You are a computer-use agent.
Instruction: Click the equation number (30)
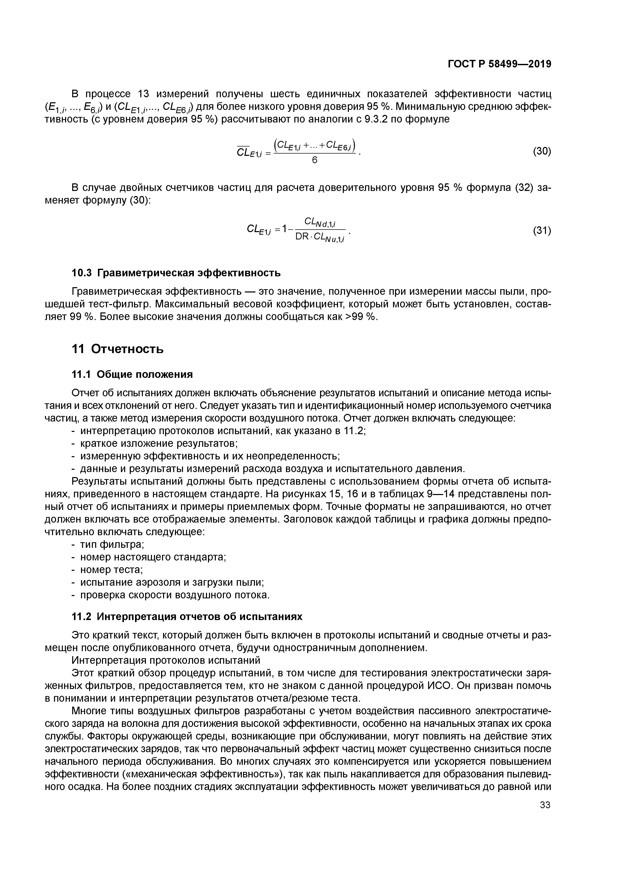click(541, 151)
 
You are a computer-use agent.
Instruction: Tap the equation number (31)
click(541, 231)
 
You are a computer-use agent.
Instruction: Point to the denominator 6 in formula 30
click(314, 160)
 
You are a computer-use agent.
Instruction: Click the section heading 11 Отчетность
click(118, 349)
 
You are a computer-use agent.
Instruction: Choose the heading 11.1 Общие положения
click(132, 374)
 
